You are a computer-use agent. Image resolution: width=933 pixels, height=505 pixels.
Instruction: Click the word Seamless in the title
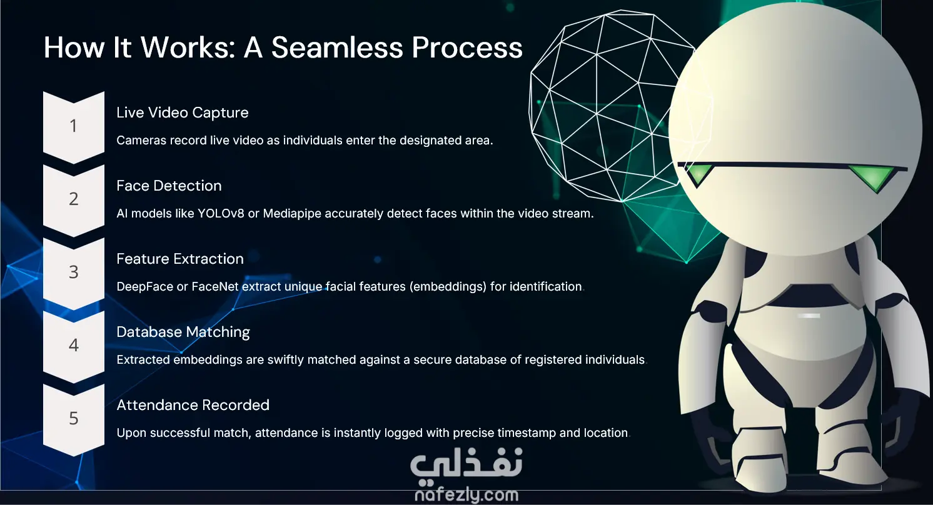(338, 47)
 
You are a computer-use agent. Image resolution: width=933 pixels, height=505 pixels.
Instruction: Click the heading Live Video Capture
(183, 112)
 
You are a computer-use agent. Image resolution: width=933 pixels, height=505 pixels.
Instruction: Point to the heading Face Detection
(169, 186)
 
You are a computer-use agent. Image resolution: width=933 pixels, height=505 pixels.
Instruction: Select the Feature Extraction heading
(180, 259)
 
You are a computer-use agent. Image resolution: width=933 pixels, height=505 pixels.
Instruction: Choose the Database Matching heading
(183, 332)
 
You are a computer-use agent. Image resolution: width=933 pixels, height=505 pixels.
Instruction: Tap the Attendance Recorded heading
(193, 405)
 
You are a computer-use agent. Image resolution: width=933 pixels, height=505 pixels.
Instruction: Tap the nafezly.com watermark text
(466, 494)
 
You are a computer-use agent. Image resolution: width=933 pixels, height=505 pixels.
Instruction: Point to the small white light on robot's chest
(809, 316)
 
